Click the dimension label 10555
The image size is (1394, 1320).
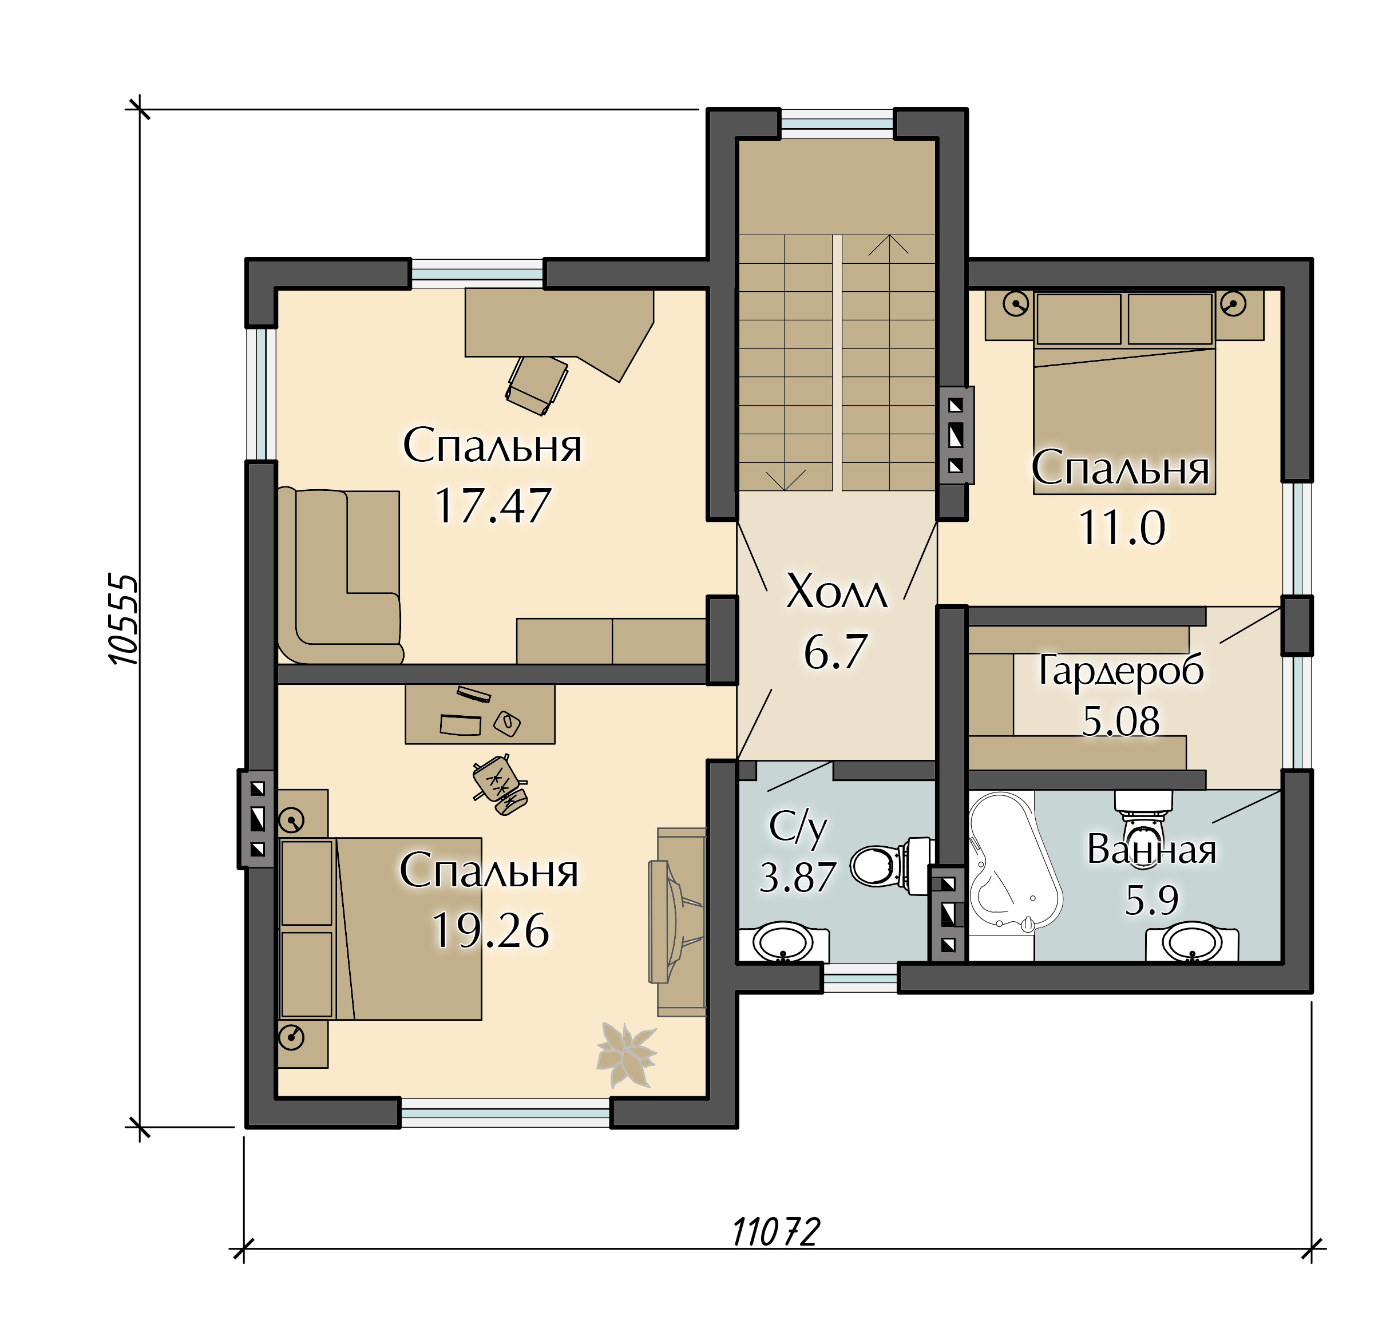[123, 619]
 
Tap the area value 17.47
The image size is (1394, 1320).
[492, 505]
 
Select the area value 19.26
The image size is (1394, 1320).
[490, 930]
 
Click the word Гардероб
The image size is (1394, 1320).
[1121, 671]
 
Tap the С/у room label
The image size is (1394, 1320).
[797, 827]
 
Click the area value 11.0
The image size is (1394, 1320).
[1122, 528]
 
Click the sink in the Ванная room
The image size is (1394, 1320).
[1191, 942]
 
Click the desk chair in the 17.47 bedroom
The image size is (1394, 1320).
[536, 385]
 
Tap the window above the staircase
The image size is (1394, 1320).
[837, 123]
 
